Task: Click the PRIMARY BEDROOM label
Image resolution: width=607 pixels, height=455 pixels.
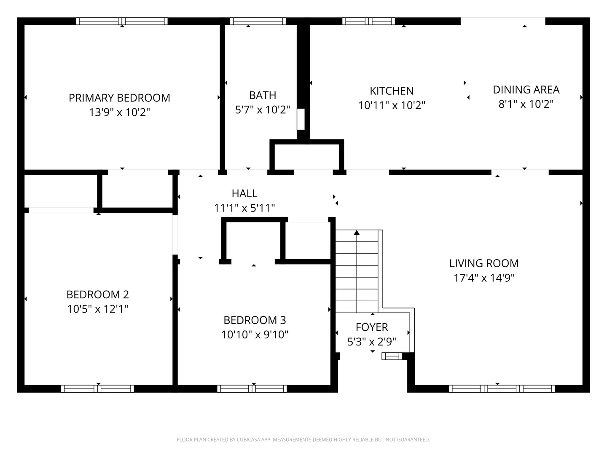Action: pos(119,98)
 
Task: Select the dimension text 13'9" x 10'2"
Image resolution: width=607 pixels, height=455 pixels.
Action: pos(119,112)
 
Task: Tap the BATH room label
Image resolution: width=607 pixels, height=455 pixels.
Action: pos(262,95)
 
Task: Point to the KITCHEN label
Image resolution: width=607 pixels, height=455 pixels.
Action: pos(392,91)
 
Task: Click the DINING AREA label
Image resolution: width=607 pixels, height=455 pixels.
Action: pos(526,90)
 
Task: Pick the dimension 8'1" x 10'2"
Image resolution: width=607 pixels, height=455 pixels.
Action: pos(526,104)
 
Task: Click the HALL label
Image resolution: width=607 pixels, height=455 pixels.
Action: pos(244,193)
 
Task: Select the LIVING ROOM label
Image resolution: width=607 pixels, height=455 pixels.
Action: pos(484,263)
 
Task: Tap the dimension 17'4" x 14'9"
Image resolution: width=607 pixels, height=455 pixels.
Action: pos(484,278)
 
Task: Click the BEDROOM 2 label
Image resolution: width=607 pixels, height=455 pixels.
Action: pos(97,294)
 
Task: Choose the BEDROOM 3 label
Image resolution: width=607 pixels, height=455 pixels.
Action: pos(255,320)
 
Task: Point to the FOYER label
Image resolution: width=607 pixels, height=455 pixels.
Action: pos(372,327)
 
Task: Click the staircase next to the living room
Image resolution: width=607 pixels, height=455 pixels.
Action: pos(357,272)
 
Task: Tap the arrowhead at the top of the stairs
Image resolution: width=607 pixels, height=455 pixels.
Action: pos(357,232)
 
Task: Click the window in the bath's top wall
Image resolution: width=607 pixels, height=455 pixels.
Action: pos(258,21)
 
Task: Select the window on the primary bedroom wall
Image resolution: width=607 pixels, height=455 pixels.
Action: pos(122,21)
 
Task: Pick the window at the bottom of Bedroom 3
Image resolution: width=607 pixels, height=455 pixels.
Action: pos(252,388)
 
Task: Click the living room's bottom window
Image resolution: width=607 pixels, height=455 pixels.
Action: pos(502,388)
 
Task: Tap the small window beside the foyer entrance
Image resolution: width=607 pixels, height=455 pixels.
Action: pos(392,356)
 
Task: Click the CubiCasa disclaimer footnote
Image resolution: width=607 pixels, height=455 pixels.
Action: pos(303,439)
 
